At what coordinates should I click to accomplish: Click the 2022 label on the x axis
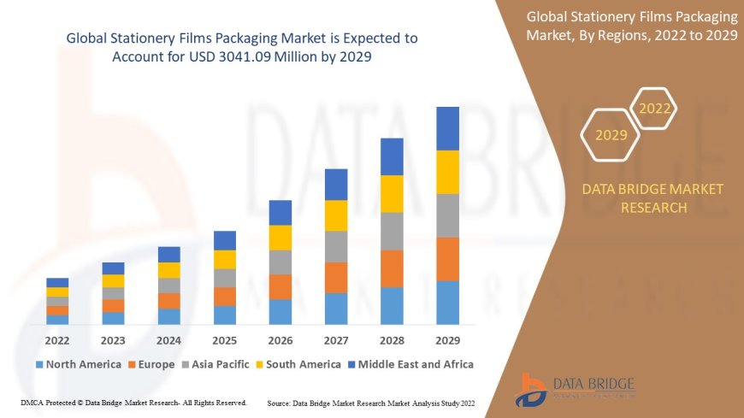click(x=57, y=339)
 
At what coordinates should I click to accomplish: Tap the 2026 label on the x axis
click(x=280, y=339)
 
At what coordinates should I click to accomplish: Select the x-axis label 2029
click(x=447, y=339)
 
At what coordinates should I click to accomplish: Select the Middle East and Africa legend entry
click(x=414, y=364)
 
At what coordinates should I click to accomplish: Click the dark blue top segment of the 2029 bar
click(x=447, y=128)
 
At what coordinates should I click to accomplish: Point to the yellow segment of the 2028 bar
click(x=392, y=193)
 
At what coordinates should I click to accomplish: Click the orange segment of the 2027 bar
click(x=336, y=277)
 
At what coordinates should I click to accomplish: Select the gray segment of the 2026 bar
click(x=280, y=262)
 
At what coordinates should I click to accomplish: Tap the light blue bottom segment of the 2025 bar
click(x=224, y=315)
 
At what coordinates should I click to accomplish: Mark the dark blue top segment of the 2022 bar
click(x=57, y=282)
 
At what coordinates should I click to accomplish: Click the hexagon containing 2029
click(x=611, y=135)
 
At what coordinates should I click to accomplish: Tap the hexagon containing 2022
click(x=655, y=109)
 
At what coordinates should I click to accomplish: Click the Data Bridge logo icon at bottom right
click(x=533, y=389)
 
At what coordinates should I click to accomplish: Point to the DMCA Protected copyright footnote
click(x=133, y=402)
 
